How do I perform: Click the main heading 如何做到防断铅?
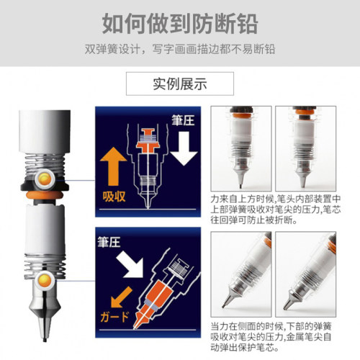(180, 24)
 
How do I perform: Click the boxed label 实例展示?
(180, 84)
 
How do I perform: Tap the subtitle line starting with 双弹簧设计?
(180, 49)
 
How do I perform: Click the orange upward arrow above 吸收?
(113, 166)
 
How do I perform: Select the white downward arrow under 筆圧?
(184, 148)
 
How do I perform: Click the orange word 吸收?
(114, 197)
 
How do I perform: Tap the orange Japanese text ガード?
(114, 317)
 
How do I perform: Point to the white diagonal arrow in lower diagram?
(130, 264)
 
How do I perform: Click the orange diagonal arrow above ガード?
(121, 297)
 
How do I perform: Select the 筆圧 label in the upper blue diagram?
(183, 120)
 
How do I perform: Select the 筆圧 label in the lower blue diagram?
(109, 242)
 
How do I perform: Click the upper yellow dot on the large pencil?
(45, 179)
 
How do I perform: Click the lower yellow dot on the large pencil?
(45, 280)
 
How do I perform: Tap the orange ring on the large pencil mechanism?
(45, 195)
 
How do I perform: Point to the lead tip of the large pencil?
(45, 340)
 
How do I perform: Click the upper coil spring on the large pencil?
(45, 164)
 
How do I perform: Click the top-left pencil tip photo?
(241, 148)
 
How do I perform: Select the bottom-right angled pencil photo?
(305, 274)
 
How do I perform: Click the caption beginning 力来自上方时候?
(276, 210)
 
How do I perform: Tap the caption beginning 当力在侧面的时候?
(271, 336)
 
